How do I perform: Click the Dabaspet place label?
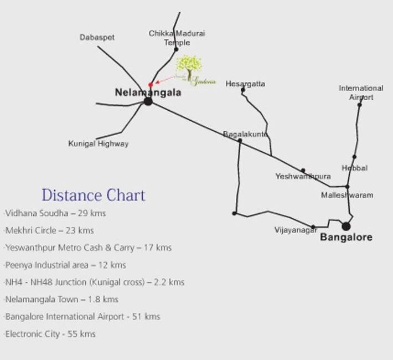[97, 37]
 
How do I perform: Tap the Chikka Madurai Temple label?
[177, 38]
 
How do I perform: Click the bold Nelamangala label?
[148, 92]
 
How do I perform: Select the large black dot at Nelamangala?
[148, 101]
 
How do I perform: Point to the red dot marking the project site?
[151, 85]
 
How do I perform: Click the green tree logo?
[189, 68]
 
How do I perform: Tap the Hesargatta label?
[245, 84]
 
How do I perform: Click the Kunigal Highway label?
[99, 143]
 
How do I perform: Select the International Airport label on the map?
[361, 92]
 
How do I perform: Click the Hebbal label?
[354, 168]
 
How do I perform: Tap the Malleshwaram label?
[347, 195]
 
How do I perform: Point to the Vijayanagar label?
[296, 230]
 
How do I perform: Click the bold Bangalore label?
[347, 238]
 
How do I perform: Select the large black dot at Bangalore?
[346, 226]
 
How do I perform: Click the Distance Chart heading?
[94, 195]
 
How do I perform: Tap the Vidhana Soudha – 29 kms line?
[54, 213]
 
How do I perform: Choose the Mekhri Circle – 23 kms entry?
[49, 230]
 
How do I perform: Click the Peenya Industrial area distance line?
[65, 265]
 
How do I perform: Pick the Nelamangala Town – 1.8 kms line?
[61, 300]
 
